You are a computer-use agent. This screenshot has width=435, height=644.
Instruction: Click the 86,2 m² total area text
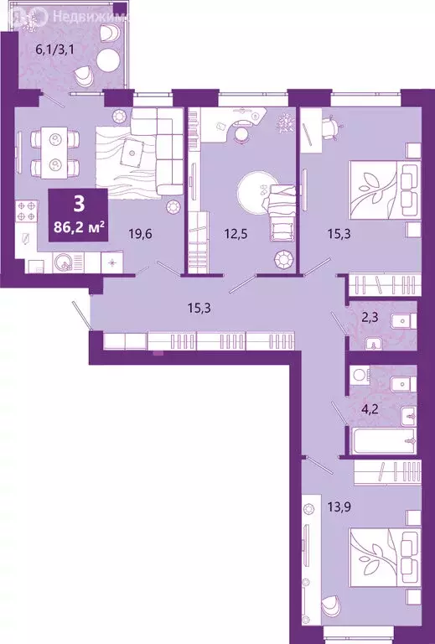coord(77,224)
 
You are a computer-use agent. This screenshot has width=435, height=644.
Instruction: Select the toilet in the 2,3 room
coord(399,319)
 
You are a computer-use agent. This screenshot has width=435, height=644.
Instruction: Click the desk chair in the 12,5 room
coord(242,130)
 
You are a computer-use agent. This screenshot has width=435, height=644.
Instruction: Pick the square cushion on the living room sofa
coord(133,153)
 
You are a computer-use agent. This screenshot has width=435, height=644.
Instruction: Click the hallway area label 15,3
coord(200,308)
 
